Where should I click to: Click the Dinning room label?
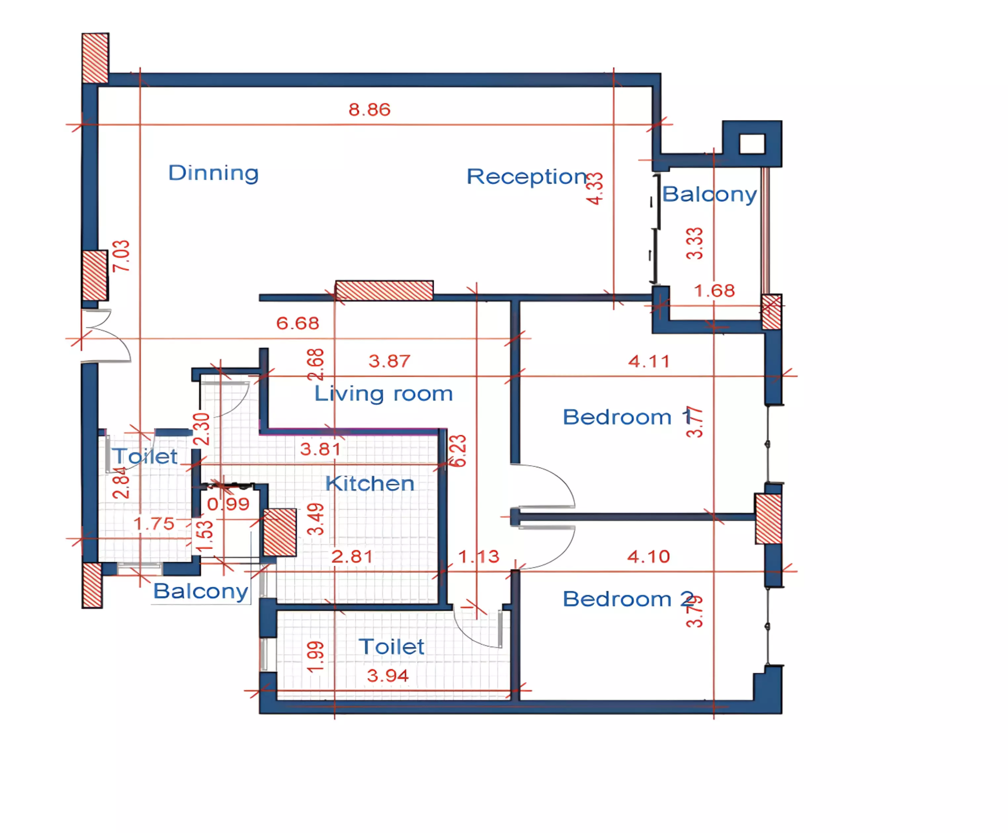(214, 173)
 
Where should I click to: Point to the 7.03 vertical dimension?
(121, 256)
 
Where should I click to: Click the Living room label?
(383, 394)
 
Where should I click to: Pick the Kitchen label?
(370, 484)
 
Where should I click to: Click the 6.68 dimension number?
(298, 323)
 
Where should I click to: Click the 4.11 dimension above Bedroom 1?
(649, 361)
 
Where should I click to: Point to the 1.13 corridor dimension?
(479, 557)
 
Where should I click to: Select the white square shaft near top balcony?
(752, 144)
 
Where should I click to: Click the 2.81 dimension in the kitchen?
(352, 557)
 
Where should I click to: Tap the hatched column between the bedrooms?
(768, 519)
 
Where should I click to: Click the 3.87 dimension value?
(389, 361)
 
